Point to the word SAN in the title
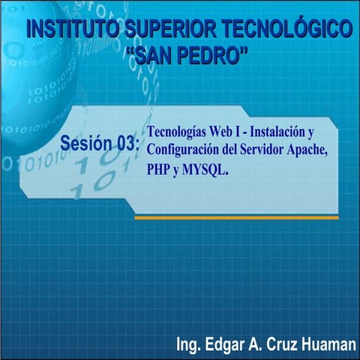pyautogui.click(x=153, y=55)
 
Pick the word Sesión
pyautogui.click(x=88, y=142)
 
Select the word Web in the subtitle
pyautogui.click(x=226, y=130)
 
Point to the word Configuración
pyautogui.click(x=183, y=148)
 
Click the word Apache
pyautogui.click(x=310, y=148)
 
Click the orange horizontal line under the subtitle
pyautogui.click(x=236, y=217)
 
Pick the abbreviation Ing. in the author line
pyautogui.click(x=188, y=344)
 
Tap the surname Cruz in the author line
pyautogui.click(x=284, y=344)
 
